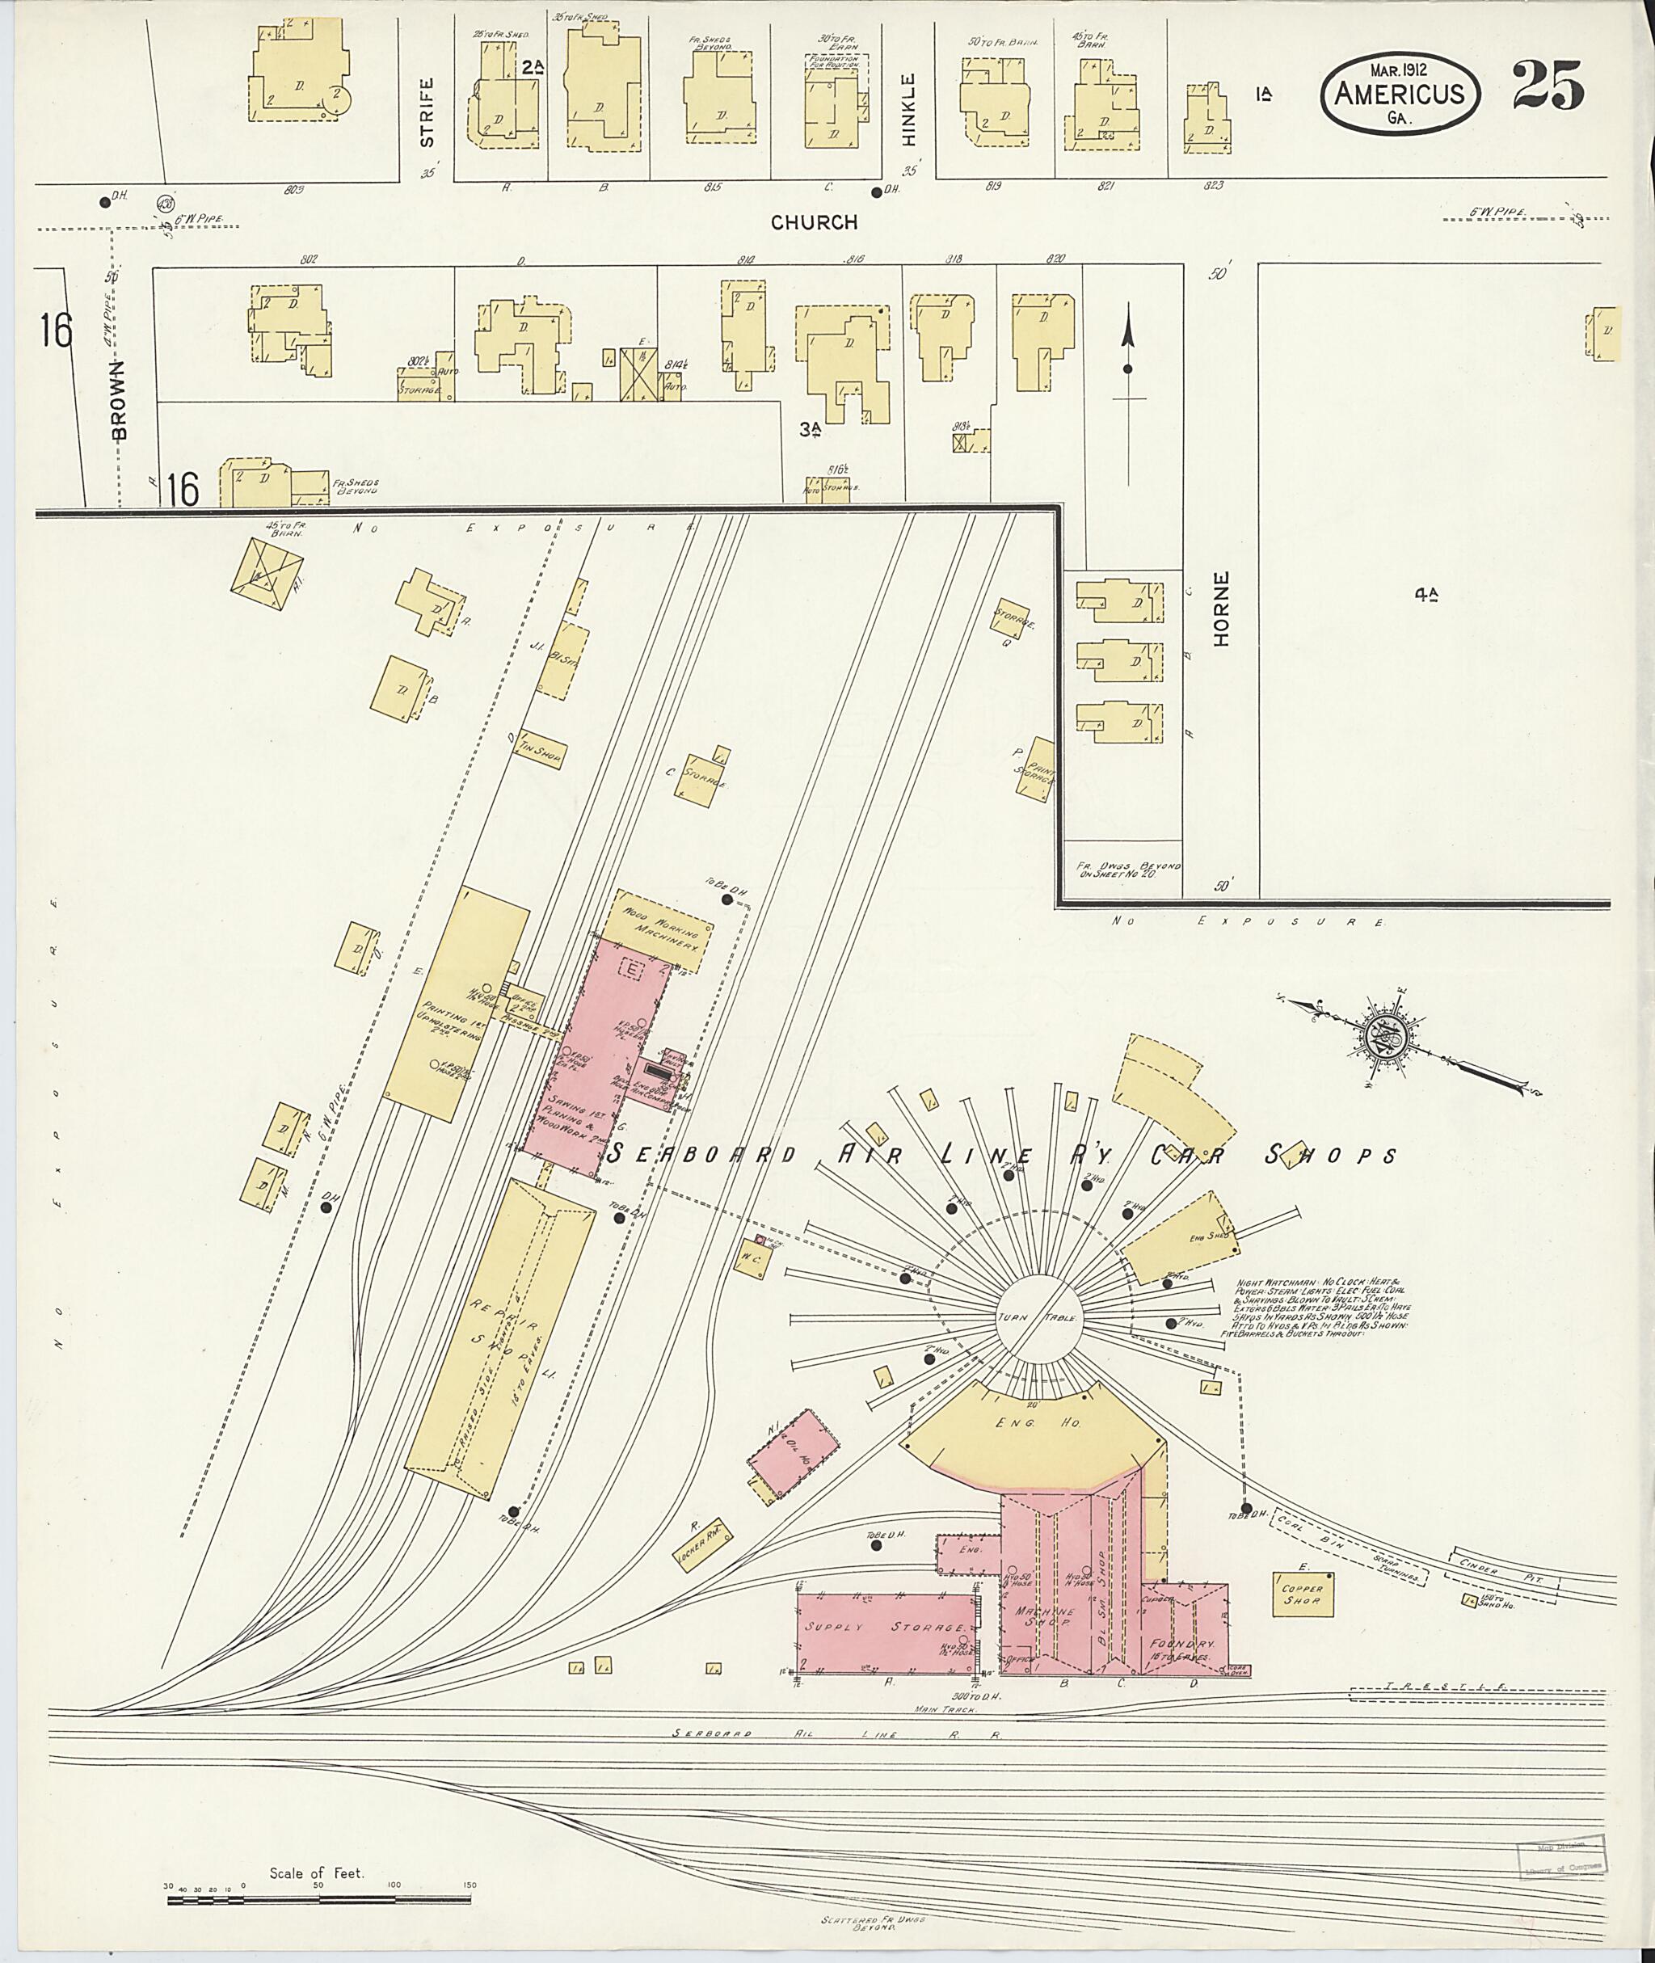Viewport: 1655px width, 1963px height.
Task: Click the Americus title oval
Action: (1400, 91)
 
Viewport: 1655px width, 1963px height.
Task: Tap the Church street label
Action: (815, 222)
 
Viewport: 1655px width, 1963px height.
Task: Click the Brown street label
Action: (119, 398)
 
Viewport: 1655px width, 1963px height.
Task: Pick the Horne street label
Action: (1220, 609)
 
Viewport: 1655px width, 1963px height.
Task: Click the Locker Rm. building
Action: (701, 1543)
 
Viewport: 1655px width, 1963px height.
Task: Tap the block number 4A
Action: (1427, 593)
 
